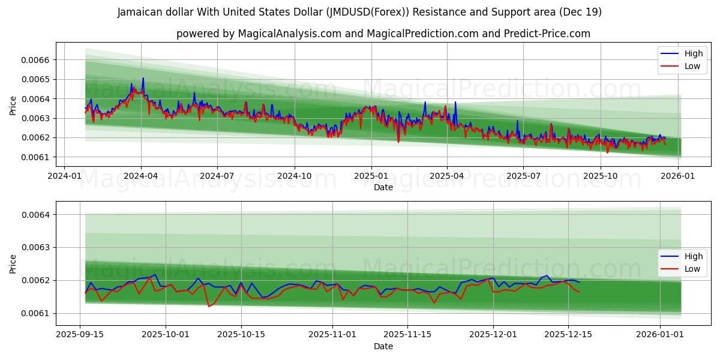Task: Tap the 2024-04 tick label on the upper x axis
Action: tap(141, 176)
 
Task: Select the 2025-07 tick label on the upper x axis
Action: tap(523, 176)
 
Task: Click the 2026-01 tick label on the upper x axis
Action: tap(678, 176)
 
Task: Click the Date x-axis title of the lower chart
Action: tap(383, 346)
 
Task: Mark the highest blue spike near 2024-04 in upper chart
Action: tap(143, 78)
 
